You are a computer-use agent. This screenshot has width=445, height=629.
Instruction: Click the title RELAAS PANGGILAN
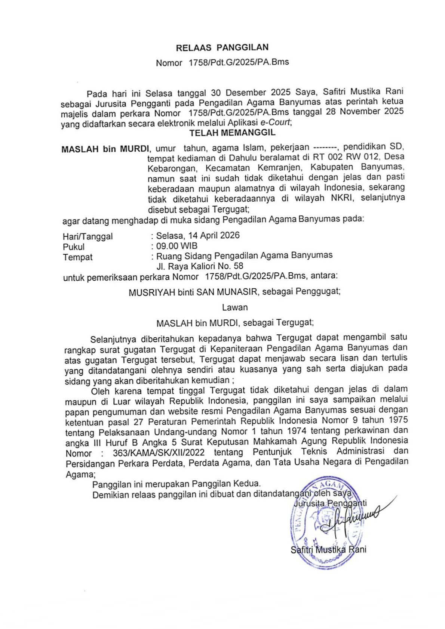222,47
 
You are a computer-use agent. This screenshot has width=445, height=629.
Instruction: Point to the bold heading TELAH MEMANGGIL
232,133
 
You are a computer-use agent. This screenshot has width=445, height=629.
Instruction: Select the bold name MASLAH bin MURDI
105,149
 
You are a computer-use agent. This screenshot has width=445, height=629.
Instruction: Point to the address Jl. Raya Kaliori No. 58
200,266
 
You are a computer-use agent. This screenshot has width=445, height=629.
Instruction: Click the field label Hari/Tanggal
88,236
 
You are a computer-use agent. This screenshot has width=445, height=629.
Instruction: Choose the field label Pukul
74,247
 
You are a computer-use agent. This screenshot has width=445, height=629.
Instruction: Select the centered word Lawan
235,307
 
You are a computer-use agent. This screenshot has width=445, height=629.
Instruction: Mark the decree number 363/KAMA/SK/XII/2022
159,453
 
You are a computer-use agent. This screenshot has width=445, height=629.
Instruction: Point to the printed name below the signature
328,549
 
